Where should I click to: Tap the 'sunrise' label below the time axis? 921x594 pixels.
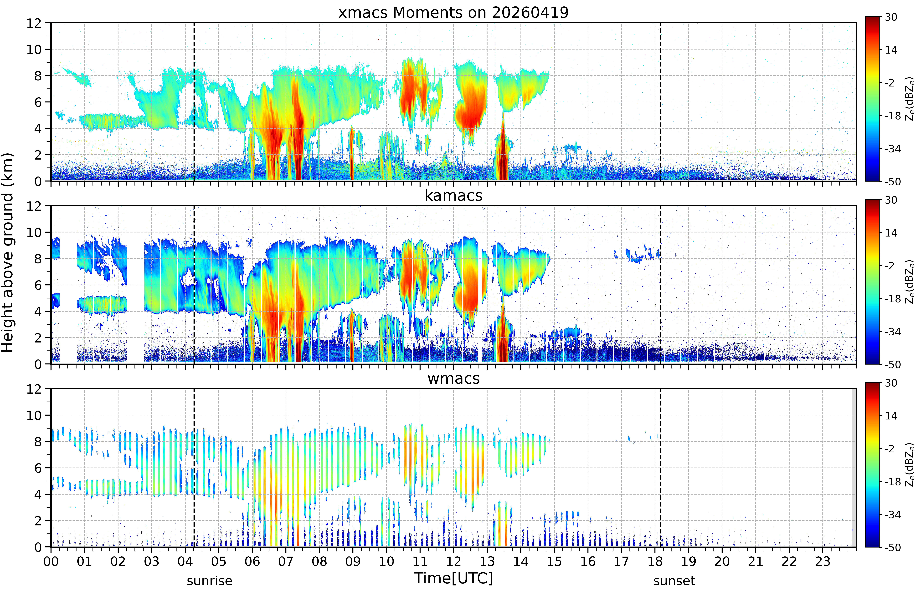[x=210, y=581]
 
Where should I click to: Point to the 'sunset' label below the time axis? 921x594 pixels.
[x=674, y=581]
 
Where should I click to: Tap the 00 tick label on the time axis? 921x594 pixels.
[x=51, y=561]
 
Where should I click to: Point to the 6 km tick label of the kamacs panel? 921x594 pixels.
[x=38, y=285]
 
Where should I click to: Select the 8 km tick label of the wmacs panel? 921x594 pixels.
[x=38, y=442]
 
